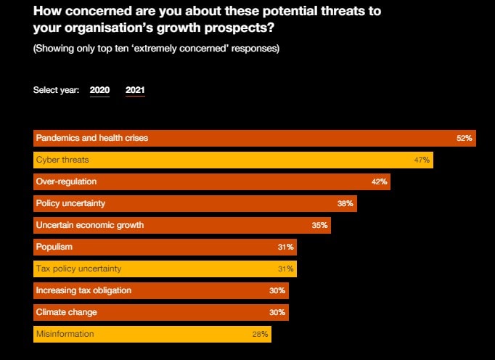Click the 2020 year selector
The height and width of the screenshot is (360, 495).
tap(99, 91)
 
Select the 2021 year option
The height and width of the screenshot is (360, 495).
tap(135, 91)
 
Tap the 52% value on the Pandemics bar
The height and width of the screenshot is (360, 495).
tap(465, 138)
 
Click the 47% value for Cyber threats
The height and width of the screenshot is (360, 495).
tap(422, 160)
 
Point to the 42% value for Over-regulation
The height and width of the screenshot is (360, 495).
tap(380, 181)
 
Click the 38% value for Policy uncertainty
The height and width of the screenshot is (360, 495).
tap(345, 203)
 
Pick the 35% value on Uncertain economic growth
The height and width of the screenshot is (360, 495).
tap(320, 225)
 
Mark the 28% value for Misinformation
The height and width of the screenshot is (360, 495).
tap(261, 335)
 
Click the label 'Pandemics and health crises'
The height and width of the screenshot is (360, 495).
tap(91, 138)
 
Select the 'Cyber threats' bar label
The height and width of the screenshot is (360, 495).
tap(62, 160)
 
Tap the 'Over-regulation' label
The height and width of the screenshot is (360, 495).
tap(66, 181)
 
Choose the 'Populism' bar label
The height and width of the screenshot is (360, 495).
tap(54, 247)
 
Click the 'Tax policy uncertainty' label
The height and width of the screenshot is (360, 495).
tap(78, 269)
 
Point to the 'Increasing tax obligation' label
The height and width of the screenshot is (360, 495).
tap(83, 290)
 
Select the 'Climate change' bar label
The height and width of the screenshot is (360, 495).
tap(66, 312)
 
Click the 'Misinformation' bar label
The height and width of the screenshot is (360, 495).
tap(65, 335)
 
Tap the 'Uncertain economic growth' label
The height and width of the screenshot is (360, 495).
tap(90, 225)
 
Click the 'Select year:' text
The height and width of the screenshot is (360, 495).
tap(57, 91)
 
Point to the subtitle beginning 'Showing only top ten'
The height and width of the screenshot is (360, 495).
tap(156, 49)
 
